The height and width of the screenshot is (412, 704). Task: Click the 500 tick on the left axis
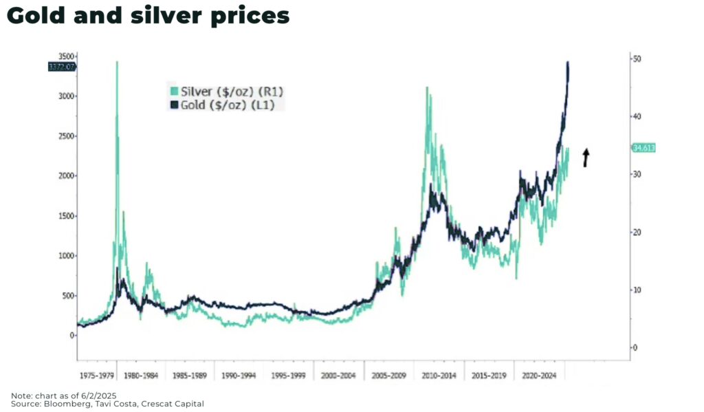coord(67,296)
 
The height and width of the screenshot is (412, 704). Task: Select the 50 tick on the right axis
coord(638,59)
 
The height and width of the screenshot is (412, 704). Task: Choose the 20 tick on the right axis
coord(638,232)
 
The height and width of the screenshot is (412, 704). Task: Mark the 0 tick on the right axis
coord(636,348)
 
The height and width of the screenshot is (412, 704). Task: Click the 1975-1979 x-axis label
coord(96,376)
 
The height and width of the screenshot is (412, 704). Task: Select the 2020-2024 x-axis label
coord(540,376)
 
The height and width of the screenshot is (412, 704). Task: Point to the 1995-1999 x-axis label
coord(289,376)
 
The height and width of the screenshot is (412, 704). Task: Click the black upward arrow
coord(586,157)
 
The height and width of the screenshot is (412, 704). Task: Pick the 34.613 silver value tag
coord(644,148)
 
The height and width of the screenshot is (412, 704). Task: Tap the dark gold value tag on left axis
coord(61,67)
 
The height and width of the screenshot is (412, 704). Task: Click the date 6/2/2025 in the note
coord(97,395)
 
